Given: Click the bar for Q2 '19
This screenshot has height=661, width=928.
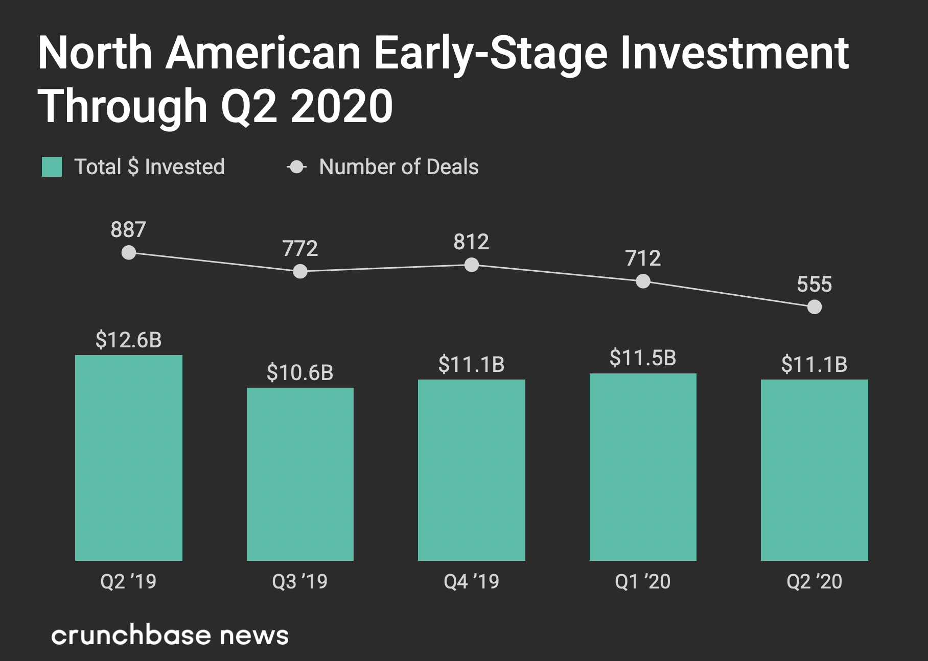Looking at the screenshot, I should tap(129, 458).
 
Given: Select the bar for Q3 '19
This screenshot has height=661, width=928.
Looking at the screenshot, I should tap(300, 474).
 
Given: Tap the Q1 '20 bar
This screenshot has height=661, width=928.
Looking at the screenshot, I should tap(643, 467).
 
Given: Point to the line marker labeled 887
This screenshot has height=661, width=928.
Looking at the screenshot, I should tap(129, 252).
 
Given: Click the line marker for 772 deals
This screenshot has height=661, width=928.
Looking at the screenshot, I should tap(300, 271).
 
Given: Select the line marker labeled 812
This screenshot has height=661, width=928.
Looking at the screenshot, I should tap(472, 265).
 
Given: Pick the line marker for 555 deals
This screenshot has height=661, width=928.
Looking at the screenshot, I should tap(815, 307).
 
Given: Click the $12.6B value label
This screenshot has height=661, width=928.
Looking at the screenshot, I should tap(129, 340).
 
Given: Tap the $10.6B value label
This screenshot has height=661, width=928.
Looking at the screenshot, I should tap(300, 372).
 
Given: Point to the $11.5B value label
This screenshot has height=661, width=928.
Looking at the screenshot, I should tap(643, 358).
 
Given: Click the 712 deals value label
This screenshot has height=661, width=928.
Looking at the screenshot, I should tap(643, 258).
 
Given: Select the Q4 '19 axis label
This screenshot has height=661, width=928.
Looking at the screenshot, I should tap(471, 581).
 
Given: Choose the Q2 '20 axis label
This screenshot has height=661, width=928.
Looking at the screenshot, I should tap(814, 581).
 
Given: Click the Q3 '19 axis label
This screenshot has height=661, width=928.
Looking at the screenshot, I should tap(300, 581).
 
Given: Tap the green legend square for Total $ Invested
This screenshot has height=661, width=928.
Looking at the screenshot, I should tap(52, 167).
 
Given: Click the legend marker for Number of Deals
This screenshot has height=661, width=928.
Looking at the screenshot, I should tap(296, 167).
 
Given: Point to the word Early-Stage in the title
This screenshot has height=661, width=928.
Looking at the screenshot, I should tap(490, 53).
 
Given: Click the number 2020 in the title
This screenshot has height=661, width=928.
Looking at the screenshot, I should tap(342, 106).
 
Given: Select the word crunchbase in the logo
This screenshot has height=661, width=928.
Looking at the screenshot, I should tap(131, 635).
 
